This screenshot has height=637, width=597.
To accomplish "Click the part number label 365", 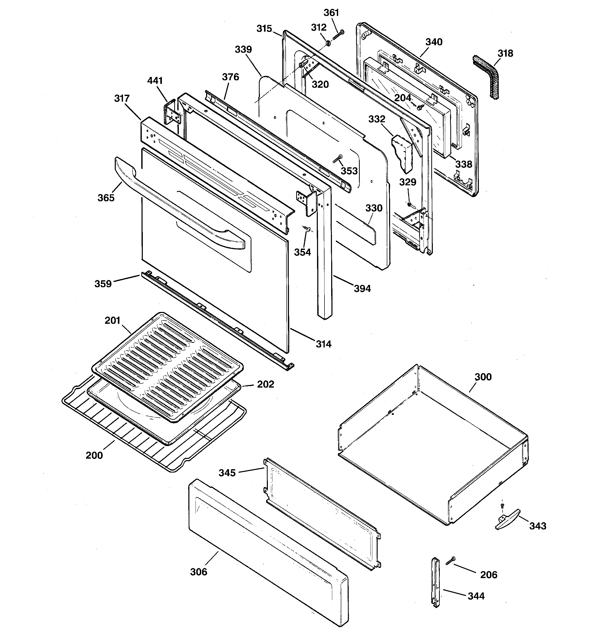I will (106, 198).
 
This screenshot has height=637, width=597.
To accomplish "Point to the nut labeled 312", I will (328, 43).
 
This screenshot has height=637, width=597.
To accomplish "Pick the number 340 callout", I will (434, 42).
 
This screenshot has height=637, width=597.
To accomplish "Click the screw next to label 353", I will (337, 158).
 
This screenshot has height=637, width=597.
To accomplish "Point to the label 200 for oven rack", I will (94, 455).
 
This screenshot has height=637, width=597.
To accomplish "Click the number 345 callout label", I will (227, 473).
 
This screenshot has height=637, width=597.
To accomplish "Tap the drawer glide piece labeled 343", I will (507, 523).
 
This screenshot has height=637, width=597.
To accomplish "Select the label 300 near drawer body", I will (483, 377).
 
